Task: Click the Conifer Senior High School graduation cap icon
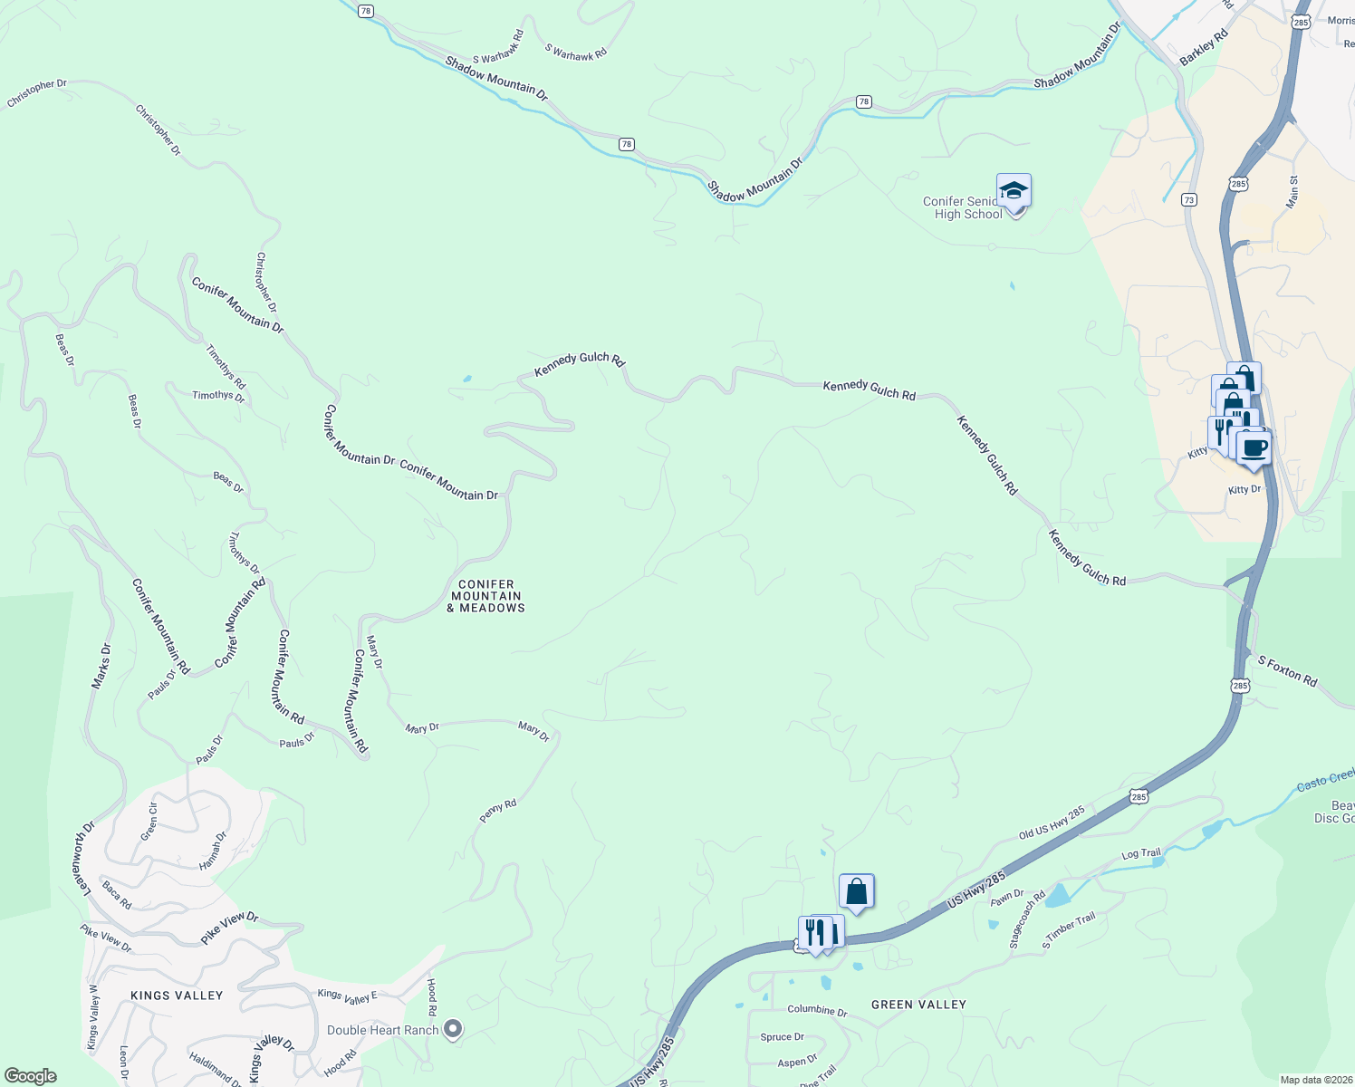coord(1014,190)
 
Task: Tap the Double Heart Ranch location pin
coord(454,1029)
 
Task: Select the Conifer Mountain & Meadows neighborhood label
coord(486,596)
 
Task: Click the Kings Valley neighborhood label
coord(177,996)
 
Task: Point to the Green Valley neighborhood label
coord(918,1005)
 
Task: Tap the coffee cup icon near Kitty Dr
coord(1254,447)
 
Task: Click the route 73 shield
coord(1189,199)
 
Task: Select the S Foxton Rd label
coord(1287,671)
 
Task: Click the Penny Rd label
coord(497,811)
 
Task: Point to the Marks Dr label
coord(101,667)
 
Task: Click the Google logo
coord(31,1076)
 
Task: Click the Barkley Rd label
coord(1203,48)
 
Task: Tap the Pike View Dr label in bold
coord(229,929)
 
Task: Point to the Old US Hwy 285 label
coord(1052,822)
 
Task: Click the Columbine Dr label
coord(817,1010)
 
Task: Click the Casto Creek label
coord(1325,780)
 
